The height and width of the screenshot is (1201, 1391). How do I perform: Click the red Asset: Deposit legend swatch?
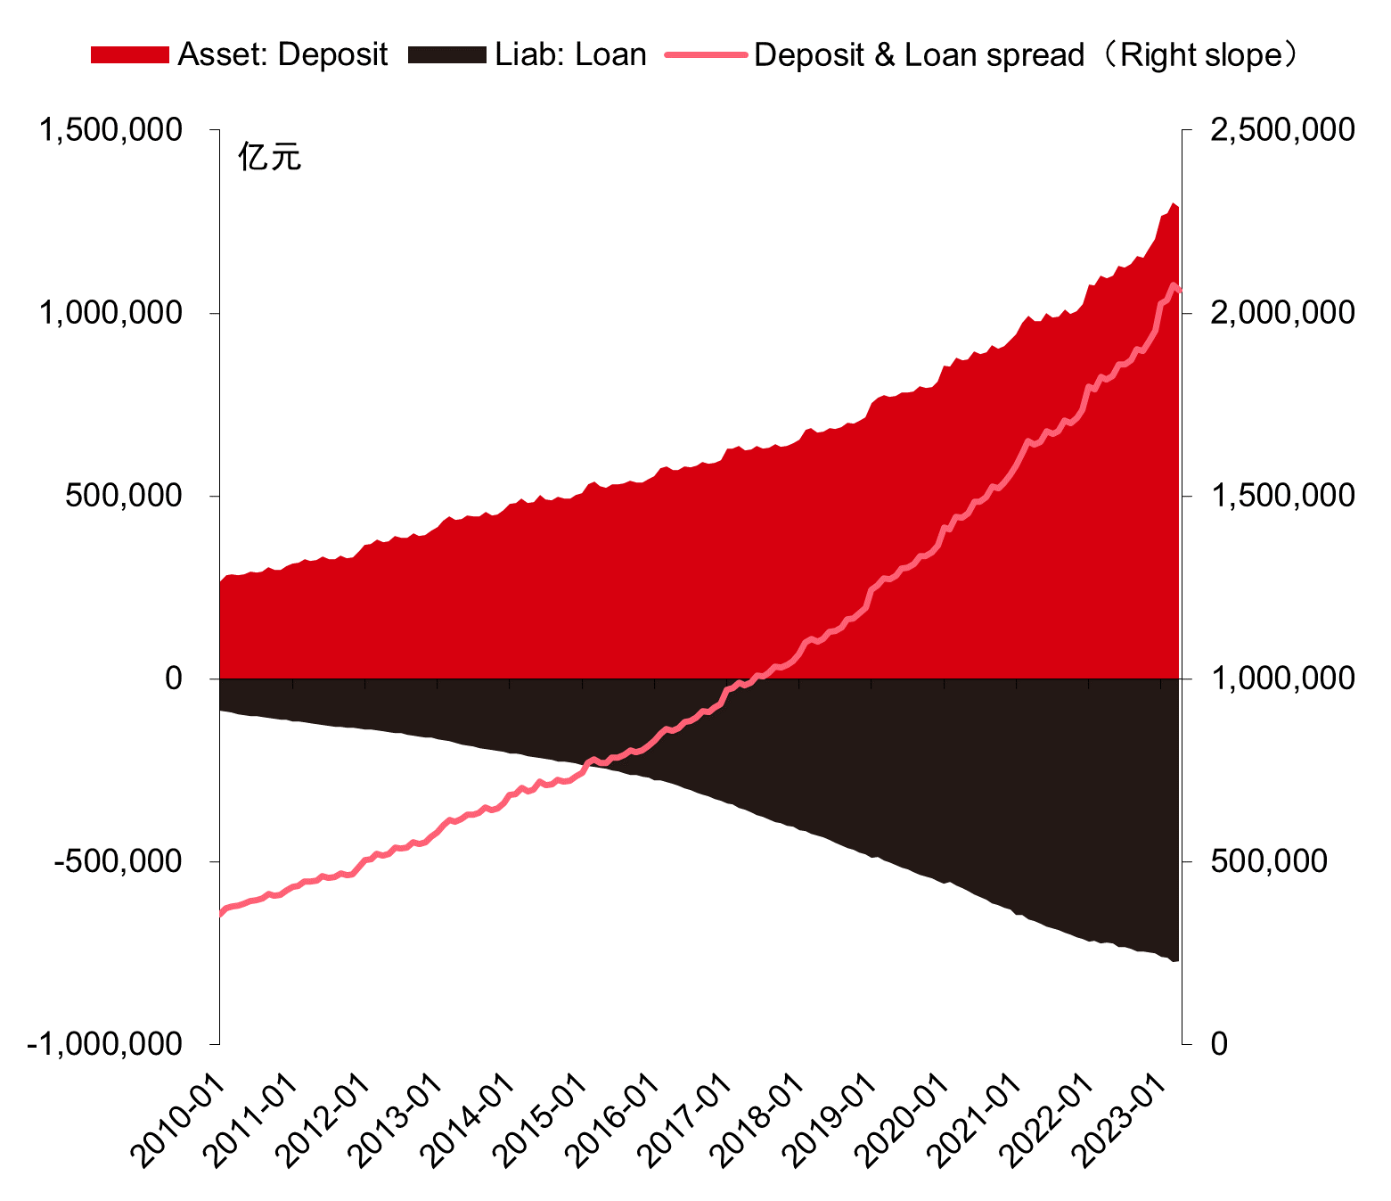coord(129,55)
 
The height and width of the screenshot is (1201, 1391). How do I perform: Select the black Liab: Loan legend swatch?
coord(446,55)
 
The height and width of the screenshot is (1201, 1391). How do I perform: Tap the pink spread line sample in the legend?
coord(705,55)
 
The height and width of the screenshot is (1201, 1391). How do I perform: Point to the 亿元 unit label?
coord(269,157)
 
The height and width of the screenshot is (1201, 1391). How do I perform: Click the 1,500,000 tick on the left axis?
coord(110,130)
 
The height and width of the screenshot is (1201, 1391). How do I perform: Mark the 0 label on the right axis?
coord(1220,1044)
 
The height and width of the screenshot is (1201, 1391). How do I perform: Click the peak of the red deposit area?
coord(1173,203)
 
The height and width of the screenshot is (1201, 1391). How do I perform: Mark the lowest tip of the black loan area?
coord(1174,961)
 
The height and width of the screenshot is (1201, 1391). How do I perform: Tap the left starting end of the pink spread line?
coord(221,913)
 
